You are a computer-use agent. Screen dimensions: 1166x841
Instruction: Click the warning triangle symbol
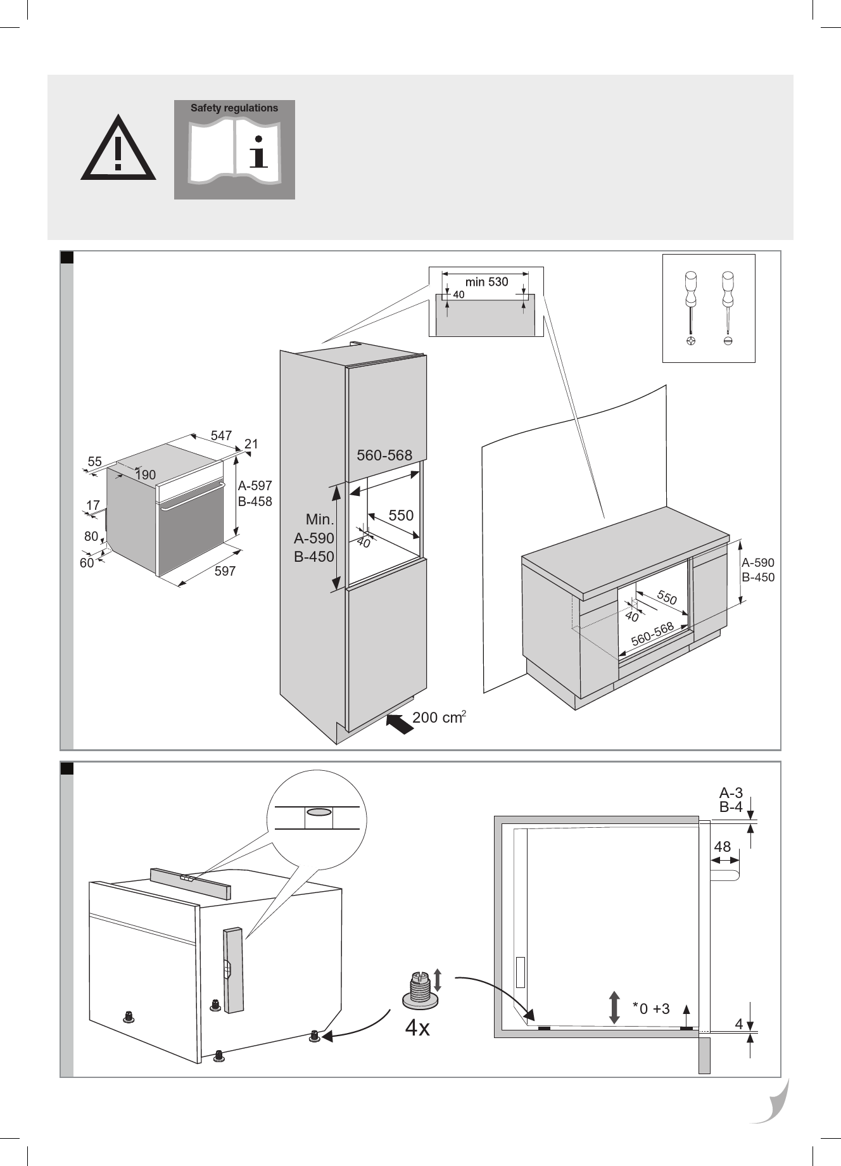tap(118, 150)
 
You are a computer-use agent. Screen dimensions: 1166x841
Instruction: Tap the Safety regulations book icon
tap(234, 149)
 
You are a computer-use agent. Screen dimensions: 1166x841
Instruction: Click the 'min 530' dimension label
tap(486, 282)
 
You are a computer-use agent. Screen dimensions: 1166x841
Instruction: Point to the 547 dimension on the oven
tap(221, 436)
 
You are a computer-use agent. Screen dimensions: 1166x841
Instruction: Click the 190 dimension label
tap(145, 475)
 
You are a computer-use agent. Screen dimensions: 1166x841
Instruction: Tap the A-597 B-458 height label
tap(255, 493)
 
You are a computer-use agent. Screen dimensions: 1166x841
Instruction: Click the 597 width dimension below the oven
tap(225, 571)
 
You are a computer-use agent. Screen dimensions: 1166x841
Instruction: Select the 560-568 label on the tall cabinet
tap(384, 455)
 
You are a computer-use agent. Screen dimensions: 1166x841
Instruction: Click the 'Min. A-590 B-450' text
tap(314, 538)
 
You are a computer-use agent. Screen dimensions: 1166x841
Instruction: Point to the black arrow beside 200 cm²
tap(398, 723)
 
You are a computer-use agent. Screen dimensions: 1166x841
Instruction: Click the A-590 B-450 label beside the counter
tap(757, 569)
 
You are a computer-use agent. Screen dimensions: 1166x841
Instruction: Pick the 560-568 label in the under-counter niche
tap(652, 635)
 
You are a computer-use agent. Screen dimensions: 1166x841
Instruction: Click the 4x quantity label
tap(417, 1028)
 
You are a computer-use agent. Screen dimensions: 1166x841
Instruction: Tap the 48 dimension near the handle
tap(722, 847)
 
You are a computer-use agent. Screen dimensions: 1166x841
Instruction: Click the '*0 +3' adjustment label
tap(652, 1008)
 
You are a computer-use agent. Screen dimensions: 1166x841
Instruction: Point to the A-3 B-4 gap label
tap(731, 800)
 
